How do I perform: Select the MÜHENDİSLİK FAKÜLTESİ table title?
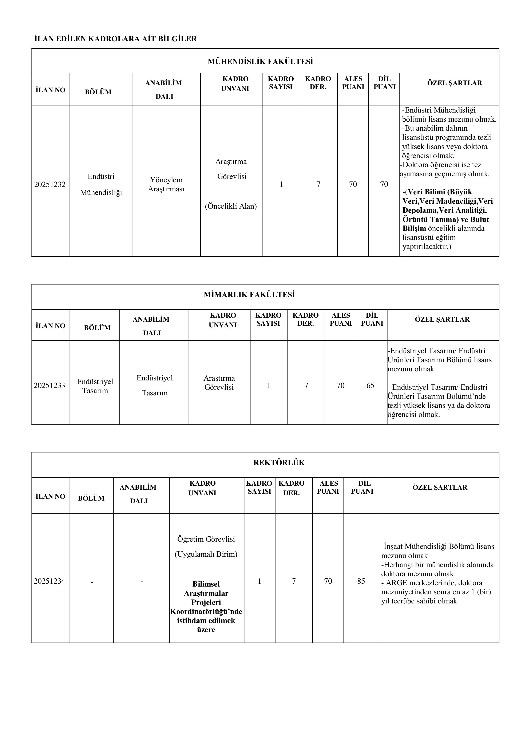pyautogui.click(x=260, y=61)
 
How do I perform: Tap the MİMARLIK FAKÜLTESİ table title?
pyautogui.click(x=249, y=295)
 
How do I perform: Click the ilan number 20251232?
pyautogui.click(x=50, y=184)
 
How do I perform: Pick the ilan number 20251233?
pyautogui.click(x=49, y=385)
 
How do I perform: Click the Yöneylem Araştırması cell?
pyautogui.click(x=166, y=184)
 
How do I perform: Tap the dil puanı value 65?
pyautogui.click(x=370, y=385)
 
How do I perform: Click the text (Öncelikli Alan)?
pyautogui.click(x=231, y=206)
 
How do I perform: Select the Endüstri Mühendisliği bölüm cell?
pyautogui.click(x=101, y=184)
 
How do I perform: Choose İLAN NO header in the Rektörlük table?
pyautogui.click(x=51, y=496)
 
